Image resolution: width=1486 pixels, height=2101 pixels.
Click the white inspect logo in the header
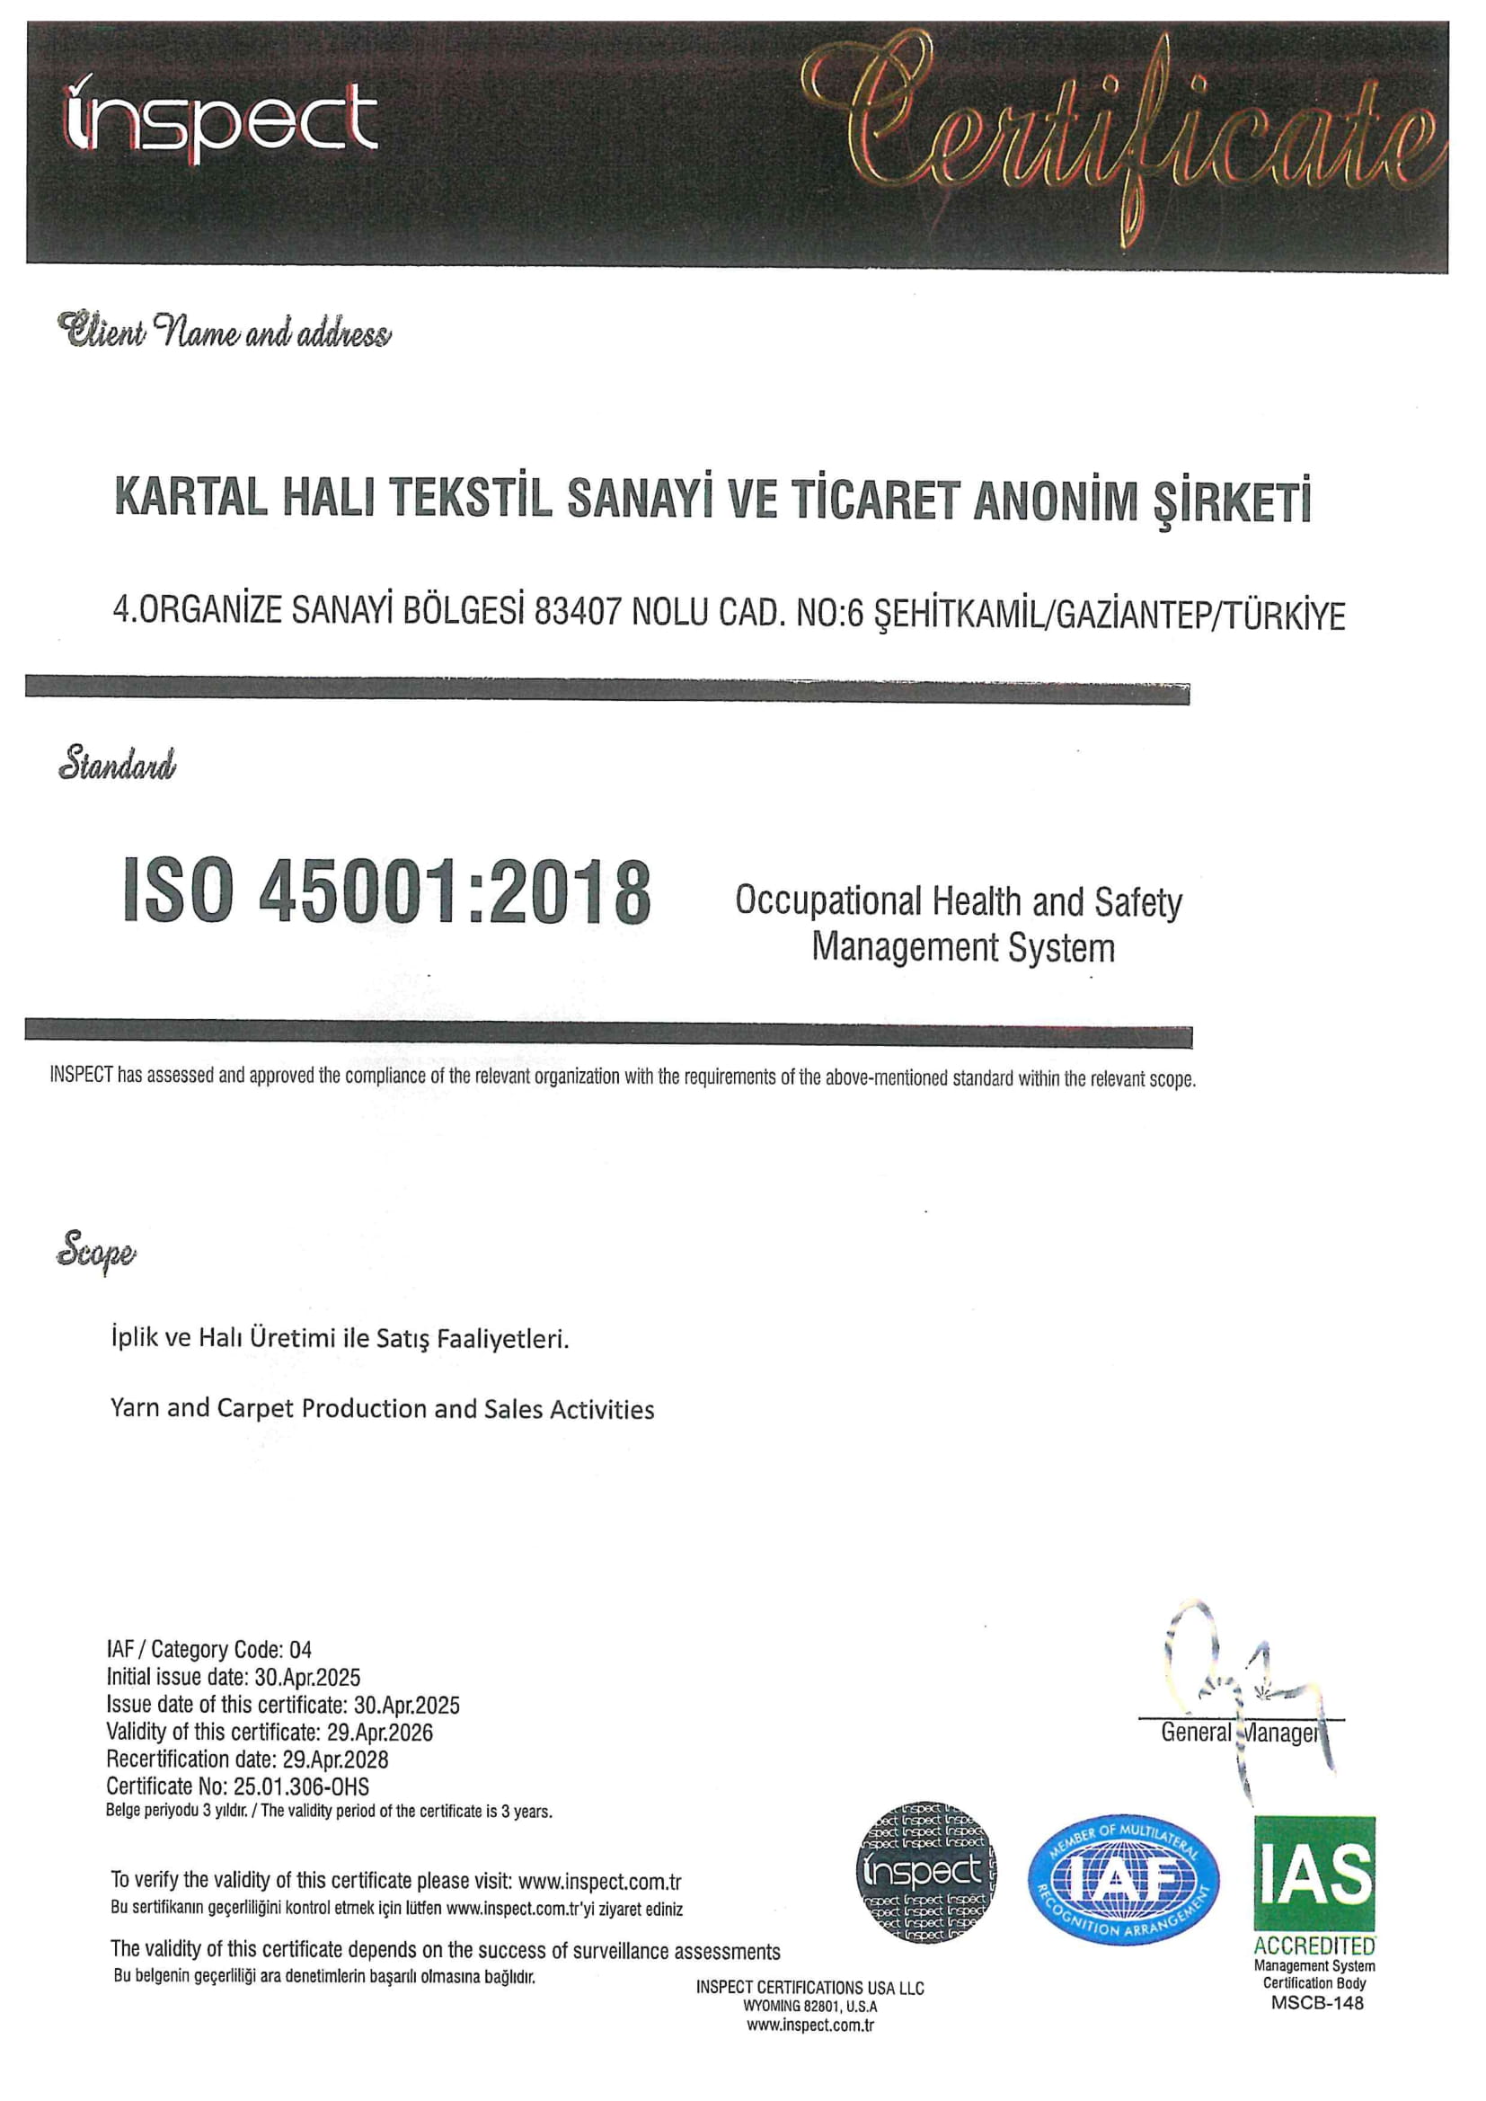[x=219, y=121]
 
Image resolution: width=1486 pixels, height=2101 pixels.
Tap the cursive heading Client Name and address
[x=225, y=332]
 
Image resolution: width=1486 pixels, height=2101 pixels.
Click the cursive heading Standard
[x=117, y=762]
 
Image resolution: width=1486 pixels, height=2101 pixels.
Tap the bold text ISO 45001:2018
[x=386, y=891]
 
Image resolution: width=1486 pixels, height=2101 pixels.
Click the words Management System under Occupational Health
[x=962, y=947]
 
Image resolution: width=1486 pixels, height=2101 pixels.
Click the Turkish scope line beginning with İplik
[x=340, y=1339]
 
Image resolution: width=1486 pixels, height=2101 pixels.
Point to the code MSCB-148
[x=1317, y=2002]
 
